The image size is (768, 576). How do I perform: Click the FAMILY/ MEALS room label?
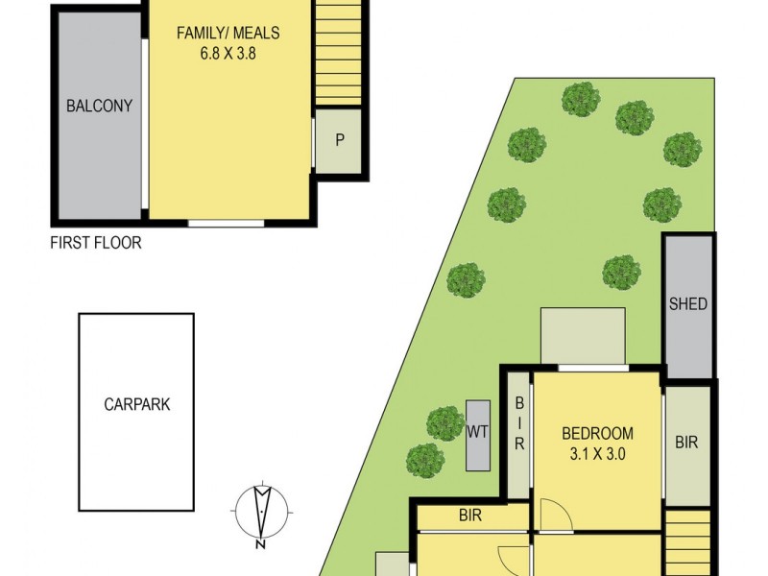pos(228,34)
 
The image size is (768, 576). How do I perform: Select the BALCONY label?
pos(99,106)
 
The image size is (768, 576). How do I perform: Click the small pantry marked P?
pos(339,140)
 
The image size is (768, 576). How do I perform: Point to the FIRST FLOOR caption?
pos(96,243)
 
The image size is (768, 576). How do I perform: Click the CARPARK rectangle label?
pos(137,404)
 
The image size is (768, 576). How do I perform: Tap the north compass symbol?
pos(261,512)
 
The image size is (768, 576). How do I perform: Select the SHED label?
pos(688,304)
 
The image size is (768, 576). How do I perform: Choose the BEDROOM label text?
pos(597,433)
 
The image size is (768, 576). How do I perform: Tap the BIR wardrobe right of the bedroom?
pos(686,443)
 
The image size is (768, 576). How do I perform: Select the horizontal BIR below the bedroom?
pos(470,516)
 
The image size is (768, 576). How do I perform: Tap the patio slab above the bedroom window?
pos(583,335)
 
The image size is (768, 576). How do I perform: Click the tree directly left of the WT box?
pos(444,422)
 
